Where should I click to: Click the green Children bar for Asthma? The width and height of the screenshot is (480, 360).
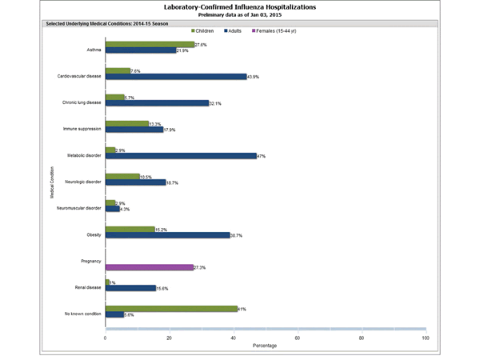(x=150, y=45)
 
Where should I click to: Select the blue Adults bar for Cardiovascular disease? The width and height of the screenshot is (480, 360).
(x=176, y=77)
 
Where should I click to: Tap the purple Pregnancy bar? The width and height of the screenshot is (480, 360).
(x=149, y=267)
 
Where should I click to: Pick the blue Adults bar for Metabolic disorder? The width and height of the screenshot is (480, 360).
(x=181, y=156)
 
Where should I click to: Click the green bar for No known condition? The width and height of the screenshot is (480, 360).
(x=171, y=308)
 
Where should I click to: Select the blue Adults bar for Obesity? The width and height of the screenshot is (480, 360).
(x=167, y=235)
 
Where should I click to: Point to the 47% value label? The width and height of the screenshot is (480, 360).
(x=262, y=156)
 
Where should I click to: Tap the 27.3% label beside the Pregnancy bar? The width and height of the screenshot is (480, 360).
(x=200, y=267)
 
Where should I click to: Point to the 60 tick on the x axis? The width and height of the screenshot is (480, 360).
(x=298, y=338)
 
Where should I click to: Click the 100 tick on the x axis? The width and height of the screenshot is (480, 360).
(x=425, y=338)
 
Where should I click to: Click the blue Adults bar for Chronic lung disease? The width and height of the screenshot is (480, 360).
(x=157, y=103)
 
